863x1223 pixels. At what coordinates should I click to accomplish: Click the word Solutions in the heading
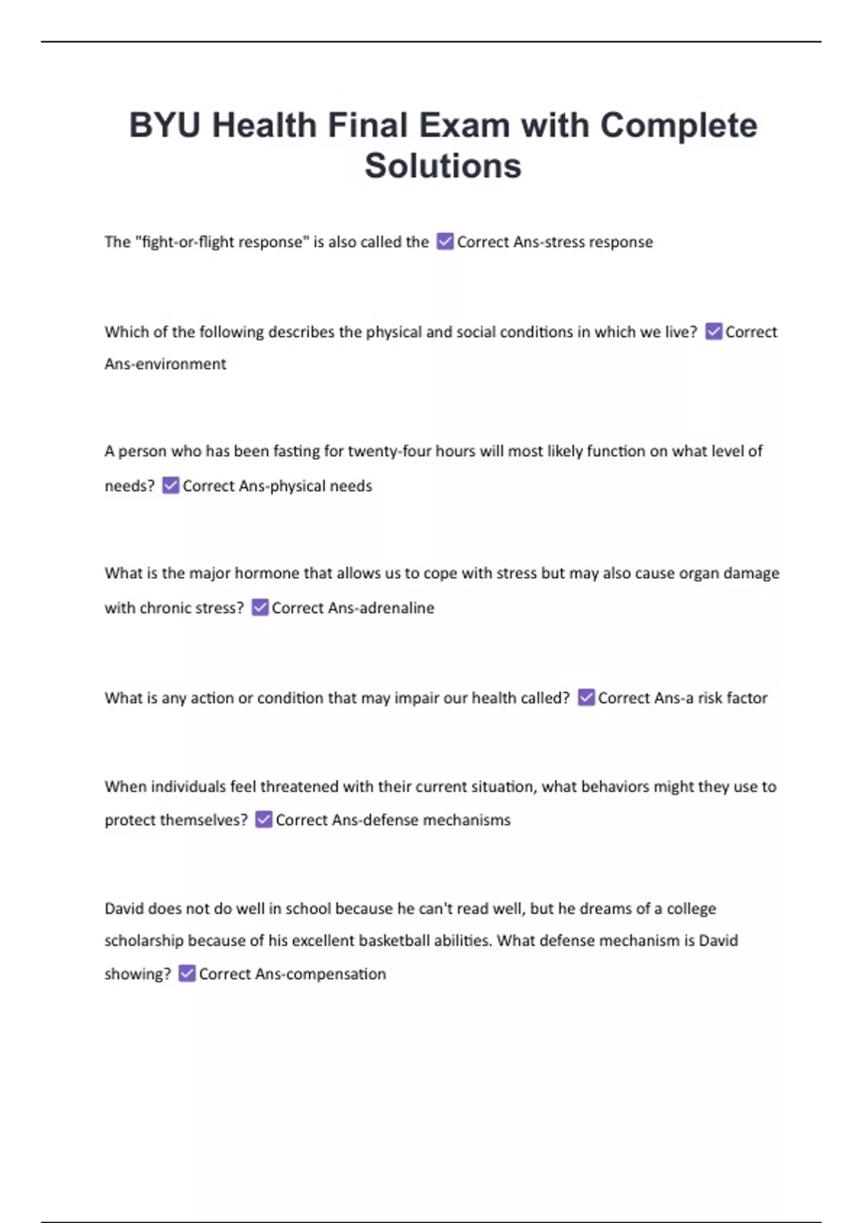pos(442,166)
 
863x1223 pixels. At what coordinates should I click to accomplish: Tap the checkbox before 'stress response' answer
pos(445,242)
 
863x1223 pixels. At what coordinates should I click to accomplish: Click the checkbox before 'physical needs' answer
pos(170,486)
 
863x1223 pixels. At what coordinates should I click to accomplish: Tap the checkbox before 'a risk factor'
pos(586,698)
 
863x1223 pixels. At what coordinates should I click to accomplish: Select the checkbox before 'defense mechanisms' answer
pos(264,820)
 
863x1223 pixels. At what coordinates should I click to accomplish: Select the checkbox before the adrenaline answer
pos(260,608)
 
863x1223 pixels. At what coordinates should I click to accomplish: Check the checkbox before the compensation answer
pos(187,974)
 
